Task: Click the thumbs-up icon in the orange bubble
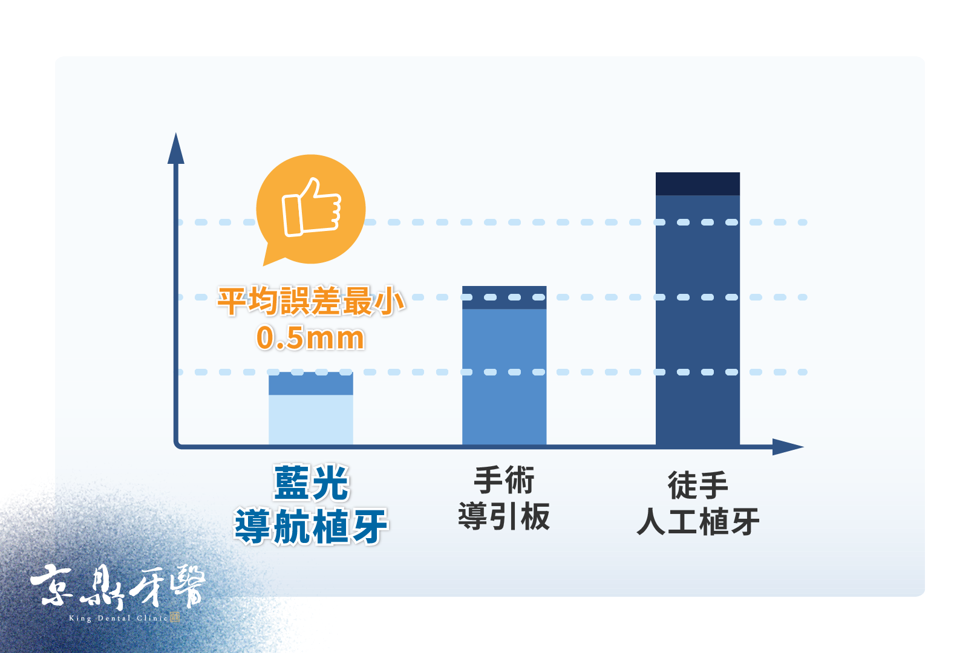pyautogui.click(x=311, y=207)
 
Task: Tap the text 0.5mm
pyautogui.click(x=310, y=337)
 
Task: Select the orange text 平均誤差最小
pyautogui.click(x=311, y=301)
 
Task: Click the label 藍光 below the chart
pyautogui.click(x=311, y=482)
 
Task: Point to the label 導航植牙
pyautogui.click(x=311, y=525)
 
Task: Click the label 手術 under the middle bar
pyautogui.click(x=504, y=480)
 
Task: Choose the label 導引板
pyautogui.click(x=504, y=516)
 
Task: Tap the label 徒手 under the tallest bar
pyautogui.click(x=698, y=485)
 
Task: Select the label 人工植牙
pyautogui.click(x=698, y=521)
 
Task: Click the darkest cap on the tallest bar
pyautogui.click(x=698, y=184)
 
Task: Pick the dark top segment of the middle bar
pyautogui.click(x=504, y=297)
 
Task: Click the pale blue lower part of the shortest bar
pyautogui.click(x=311, y=420)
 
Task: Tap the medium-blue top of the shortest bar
pyautogui.click(x=311, y=383)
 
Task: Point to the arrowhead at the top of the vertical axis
pyautogui.click(x=176, y=149)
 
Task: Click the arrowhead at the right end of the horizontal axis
pyautogui.click(x=788, y=447)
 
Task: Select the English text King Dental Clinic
pyautogui.click(x=119, y=618)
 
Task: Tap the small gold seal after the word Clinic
pyautogui.click(x=175, y=617)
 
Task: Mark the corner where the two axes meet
pyautogui.click(x=176, y=446)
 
